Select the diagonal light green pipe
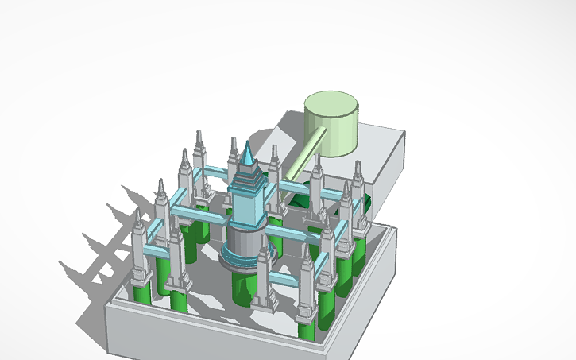click(306, 155)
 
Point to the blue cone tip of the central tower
click(249, 154)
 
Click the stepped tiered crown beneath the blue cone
click(249, 180)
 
